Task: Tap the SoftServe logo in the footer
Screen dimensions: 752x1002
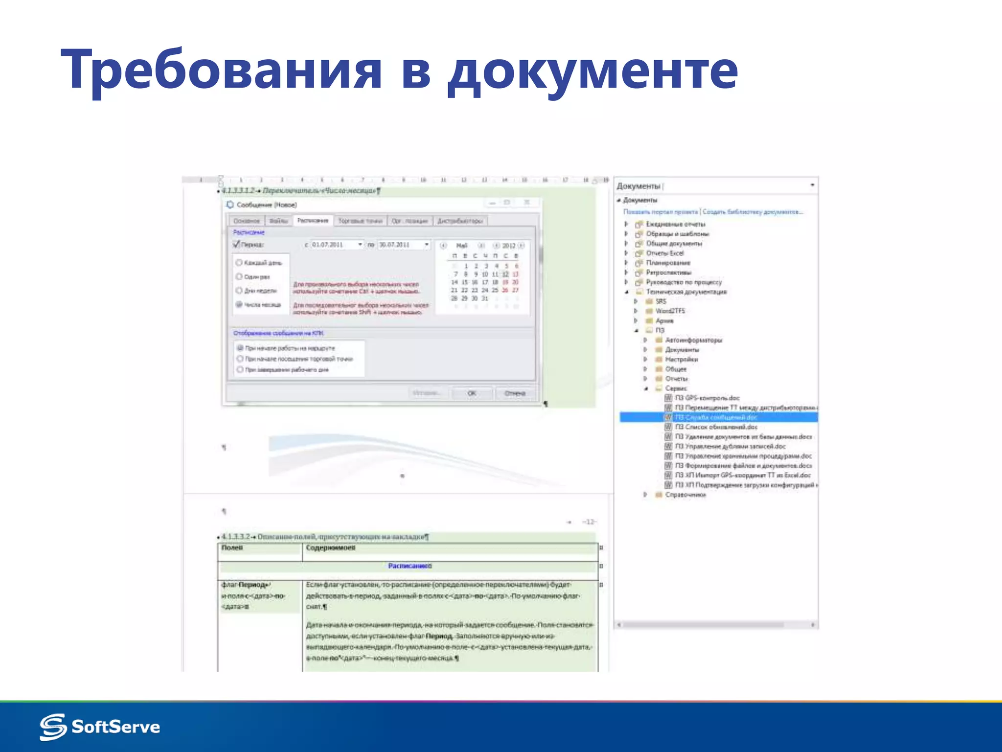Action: [100, 727]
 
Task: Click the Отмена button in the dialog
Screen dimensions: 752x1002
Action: [515, 393]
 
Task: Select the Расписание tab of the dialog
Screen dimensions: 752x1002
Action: [313, 221]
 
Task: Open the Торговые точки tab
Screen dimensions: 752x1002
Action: [360, 221]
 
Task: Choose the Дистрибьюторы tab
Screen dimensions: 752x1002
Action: [460, 221]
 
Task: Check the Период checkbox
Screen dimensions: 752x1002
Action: [237, 244]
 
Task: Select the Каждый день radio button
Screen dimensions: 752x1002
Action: [239, 263]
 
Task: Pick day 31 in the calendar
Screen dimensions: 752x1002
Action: [485, 298]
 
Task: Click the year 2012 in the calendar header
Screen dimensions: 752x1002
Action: [509, 245]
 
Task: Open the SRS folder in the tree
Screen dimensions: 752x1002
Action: [660, 301]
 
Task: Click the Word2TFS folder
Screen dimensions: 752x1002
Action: [670, 311]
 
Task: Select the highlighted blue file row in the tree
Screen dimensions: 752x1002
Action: [717, 417]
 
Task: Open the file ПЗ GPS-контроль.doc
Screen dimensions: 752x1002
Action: [707, 398]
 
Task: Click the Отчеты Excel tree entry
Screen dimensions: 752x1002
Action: [664, 253]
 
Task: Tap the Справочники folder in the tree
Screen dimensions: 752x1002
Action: [685, 495]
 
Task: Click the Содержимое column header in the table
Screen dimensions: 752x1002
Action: [331, 548]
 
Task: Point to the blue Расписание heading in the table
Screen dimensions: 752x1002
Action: [410, 566]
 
